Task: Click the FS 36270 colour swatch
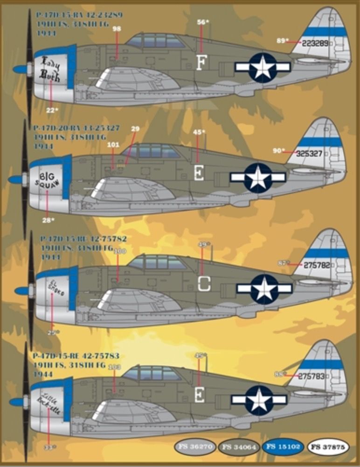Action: click(195, 447)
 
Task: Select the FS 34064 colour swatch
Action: click(240, 447)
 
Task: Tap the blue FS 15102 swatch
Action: click(284, 447)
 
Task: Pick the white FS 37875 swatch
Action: click(328, 447)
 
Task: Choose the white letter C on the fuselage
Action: click(203, 283)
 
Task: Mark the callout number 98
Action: click(117, 29)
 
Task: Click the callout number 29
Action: click(135, 128)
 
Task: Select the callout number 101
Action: click(113, 144)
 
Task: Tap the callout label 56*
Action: click(201, 22)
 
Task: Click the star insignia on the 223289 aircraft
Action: click(263, 67)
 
